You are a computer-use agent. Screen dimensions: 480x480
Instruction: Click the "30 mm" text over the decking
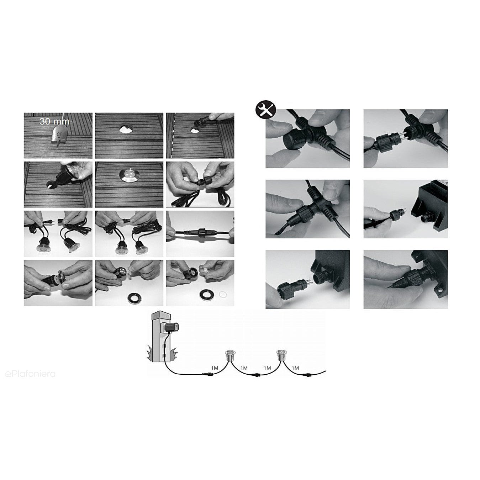pos(54,122)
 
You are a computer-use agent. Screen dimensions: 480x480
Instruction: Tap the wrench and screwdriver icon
pos(265,109)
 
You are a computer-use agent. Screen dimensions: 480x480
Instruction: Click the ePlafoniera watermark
pos(30,374)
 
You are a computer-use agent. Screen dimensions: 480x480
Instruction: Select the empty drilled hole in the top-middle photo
pos(126,128)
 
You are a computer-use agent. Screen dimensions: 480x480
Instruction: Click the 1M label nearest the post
pos(215,368)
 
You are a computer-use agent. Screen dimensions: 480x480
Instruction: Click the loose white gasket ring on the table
pos(223,295)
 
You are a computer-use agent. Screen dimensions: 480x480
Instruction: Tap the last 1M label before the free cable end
pos(295,368)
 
